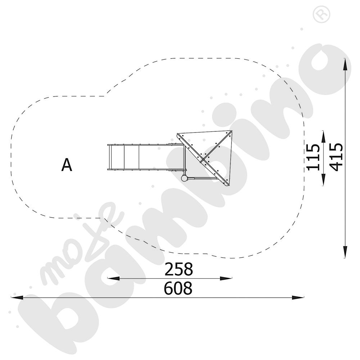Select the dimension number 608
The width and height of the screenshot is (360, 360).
pyautogui.click(x=178, y=288)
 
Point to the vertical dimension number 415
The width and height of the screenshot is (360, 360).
pyautogui.click(x=336, y=157)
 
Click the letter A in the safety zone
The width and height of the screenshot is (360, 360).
pyautogui.click(x=67, y=165)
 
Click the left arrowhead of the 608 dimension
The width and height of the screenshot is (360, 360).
pyautogui.click(x=17, y=298)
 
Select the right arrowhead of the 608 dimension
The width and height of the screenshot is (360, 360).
pyautogui.click(x=298, y=298)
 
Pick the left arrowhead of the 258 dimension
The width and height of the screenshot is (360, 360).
pyautogui.click(x=113, y=279)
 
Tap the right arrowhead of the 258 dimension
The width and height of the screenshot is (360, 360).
pyautogui.click(x=226, y=279)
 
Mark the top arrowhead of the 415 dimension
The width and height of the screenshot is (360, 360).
pyautogui.click(x=345, y=64)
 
